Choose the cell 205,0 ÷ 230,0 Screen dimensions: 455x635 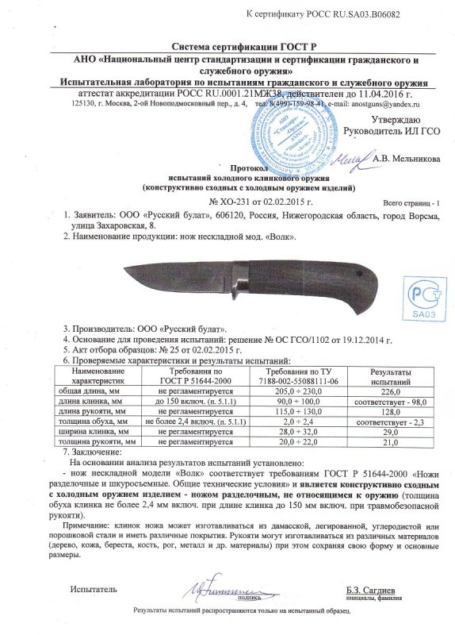(292, 390)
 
